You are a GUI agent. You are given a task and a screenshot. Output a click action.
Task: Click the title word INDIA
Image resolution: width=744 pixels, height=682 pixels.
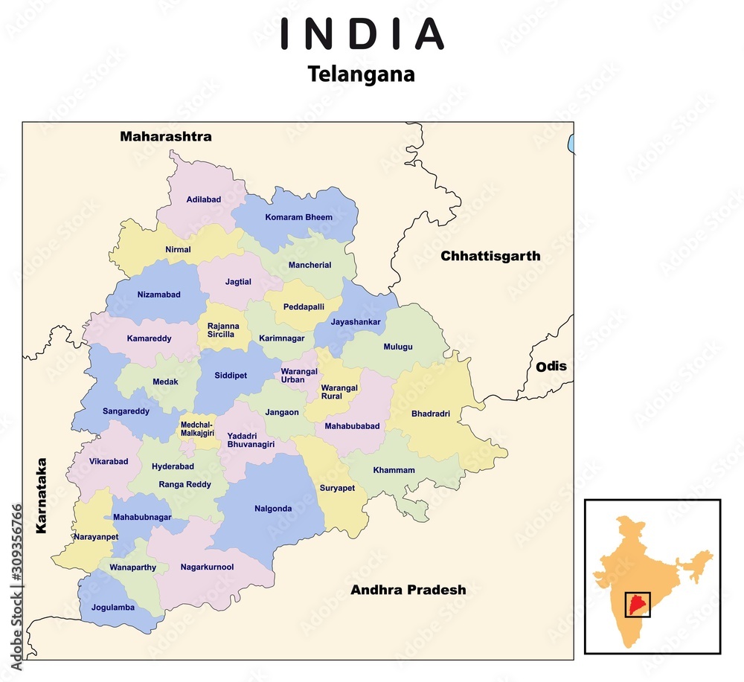point(362,34)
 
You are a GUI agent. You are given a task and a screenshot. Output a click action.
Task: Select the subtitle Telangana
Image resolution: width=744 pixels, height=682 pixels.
point(362,74)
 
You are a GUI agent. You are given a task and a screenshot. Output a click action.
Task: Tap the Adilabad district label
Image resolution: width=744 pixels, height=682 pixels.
point(204,199)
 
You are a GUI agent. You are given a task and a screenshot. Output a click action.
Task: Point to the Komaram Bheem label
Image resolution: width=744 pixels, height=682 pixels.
point(298,217)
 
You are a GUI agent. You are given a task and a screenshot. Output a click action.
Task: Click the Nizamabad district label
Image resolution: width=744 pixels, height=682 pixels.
point(158,295)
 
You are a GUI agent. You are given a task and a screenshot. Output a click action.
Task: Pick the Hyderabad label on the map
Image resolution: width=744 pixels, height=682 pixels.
point(173,466)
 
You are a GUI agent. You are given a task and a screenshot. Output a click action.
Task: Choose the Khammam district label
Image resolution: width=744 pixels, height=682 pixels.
point(394,470)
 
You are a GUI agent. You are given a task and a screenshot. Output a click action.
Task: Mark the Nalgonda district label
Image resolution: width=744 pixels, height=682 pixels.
point(273,509)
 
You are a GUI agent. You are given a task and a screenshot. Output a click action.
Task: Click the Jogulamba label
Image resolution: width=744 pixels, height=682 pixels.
point(113,607)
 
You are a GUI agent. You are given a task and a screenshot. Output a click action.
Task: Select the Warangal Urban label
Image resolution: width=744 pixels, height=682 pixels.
point(299,376)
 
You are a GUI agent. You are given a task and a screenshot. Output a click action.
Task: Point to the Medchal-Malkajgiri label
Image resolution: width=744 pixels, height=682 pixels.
point(197,428)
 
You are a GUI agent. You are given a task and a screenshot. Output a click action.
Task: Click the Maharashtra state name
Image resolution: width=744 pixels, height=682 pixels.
point(166,136)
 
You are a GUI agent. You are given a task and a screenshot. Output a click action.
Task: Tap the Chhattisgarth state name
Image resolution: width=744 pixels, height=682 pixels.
point(490,256)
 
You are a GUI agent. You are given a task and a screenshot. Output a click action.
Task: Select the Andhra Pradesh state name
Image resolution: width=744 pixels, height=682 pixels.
point(408,590)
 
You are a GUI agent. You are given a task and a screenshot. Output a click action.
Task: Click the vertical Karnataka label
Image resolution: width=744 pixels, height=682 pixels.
point(42,495)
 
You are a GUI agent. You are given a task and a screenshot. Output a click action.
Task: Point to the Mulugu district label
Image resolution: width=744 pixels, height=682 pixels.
point(397,347)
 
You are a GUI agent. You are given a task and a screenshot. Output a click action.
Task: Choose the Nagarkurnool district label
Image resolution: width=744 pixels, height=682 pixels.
point(207,567)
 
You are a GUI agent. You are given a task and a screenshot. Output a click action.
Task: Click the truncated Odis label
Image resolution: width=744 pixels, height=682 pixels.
point(551,366)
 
